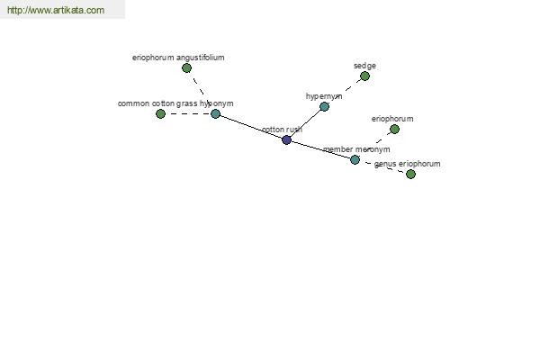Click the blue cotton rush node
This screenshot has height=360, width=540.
point(286,139)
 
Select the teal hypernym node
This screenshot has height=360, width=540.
point(324,107)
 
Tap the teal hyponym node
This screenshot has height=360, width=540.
point(216,113)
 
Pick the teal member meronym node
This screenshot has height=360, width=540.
point(355,159)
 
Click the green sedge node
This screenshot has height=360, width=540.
point(365,76)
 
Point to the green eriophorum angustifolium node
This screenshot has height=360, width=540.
point(186,67)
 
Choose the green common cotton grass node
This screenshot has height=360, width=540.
point(160,113)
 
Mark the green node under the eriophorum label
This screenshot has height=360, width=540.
point(395,130)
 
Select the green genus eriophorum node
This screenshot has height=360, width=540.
point(411,174)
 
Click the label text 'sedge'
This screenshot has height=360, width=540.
point(364,66)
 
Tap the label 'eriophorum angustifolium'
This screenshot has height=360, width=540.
point(178,58)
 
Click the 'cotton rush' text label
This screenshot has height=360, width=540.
point(282,130)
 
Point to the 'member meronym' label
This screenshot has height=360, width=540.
point(356,149)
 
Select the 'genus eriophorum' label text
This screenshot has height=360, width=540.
point(407,164)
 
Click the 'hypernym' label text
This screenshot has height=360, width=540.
point(324,96)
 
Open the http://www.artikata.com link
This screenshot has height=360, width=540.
point(56,10)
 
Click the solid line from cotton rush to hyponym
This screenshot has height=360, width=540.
point(251,127)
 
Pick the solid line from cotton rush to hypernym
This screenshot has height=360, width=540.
point(305,123)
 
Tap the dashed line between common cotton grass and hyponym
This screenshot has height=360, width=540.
point(188,113)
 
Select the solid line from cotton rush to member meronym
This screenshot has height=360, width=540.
point(320,150)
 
